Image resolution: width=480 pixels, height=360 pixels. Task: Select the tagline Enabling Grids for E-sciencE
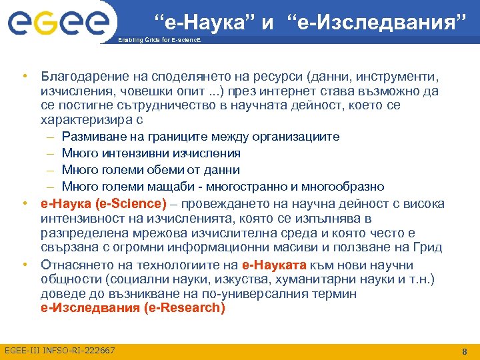158,40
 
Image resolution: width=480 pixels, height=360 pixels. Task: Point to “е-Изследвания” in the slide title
377,23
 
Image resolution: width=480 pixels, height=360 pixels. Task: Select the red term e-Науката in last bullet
273,264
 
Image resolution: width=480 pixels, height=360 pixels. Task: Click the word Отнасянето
75,264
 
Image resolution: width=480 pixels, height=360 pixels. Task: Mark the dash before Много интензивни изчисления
51,153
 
